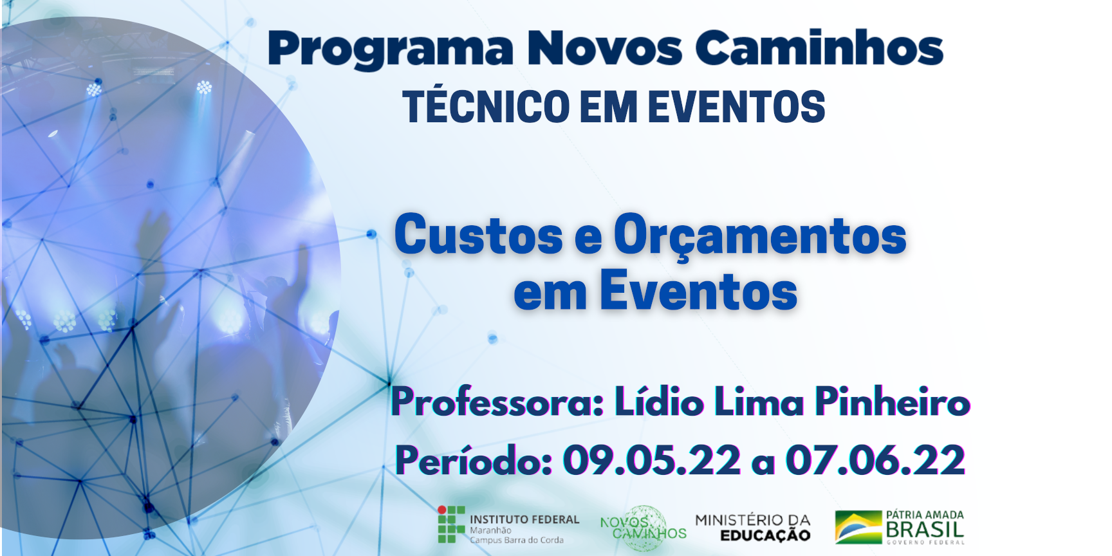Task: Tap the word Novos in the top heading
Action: pyautogui.click(x=604, y=48)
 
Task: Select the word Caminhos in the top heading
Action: pyautogui.click(x=819, y=48)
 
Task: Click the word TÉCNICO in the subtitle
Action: pyautogui.click(x=487, y=106)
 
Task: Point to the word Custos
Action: pyautogui.click(x=479, y=235)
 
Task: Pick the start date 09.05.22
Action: pyautogui.click(x=652, y=460)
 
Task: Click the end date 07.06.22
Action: pyautogui.click(x=875, y=460)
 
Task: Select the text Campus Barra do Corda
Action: pyautogui.click(x=517, y=541)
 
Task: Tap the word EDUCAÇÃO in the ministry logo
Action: pyautogui.click(x=765, y=535)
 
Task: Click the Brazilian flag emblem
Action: pyautogui.click(x=858, y=527)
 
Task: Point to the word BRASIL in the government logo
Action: pyautogui.click(x=925, y=530)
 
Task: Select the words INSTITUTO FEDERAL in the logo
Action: pyautogui.click(x=524, y=519)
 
